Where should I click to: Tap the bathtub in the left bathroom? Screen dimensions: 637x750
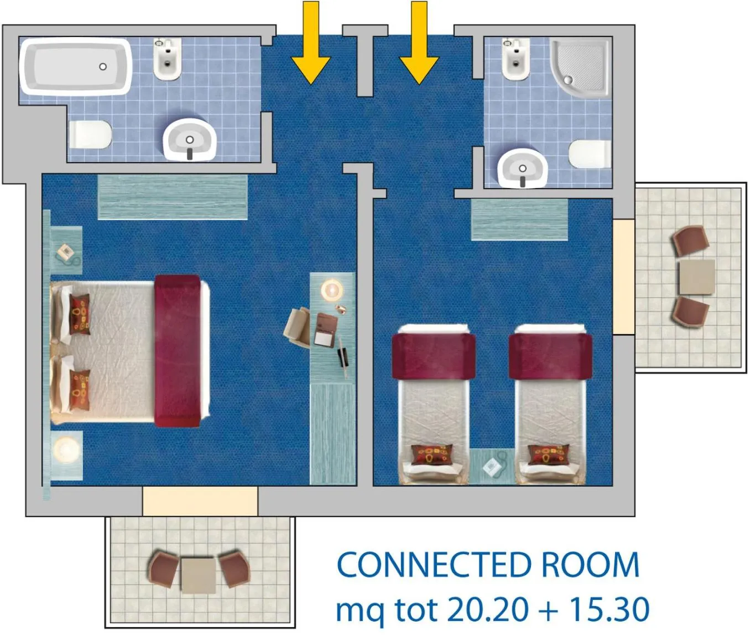coord(76,67)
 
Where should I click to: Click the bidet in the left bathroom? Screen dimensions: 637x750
coord(167,59)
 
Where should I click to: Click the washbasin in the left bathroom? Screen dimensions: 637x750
coord(189,139)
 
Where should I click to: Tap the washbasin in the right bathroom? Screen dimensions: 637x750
coord(522,168)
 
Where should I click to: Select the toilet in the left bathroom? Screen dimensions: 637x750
coord(90,135)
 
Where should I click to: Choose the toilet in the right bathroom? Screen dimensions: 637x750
coord(590,154)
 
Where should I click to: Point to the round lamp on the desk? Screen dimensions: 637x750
coord(332,289)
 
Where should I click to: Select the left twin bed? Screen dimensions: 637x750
coord(434,404)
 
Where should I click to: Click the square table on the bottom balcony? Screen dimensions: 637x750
coord(198,575)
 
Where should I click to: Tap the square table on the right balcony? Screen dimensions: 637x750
coord(696,276)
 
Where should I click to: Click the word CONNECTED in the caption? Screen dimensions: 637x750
coord(434,566)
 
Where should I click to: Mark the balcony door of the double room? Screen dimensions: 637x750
coord(200,501)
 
